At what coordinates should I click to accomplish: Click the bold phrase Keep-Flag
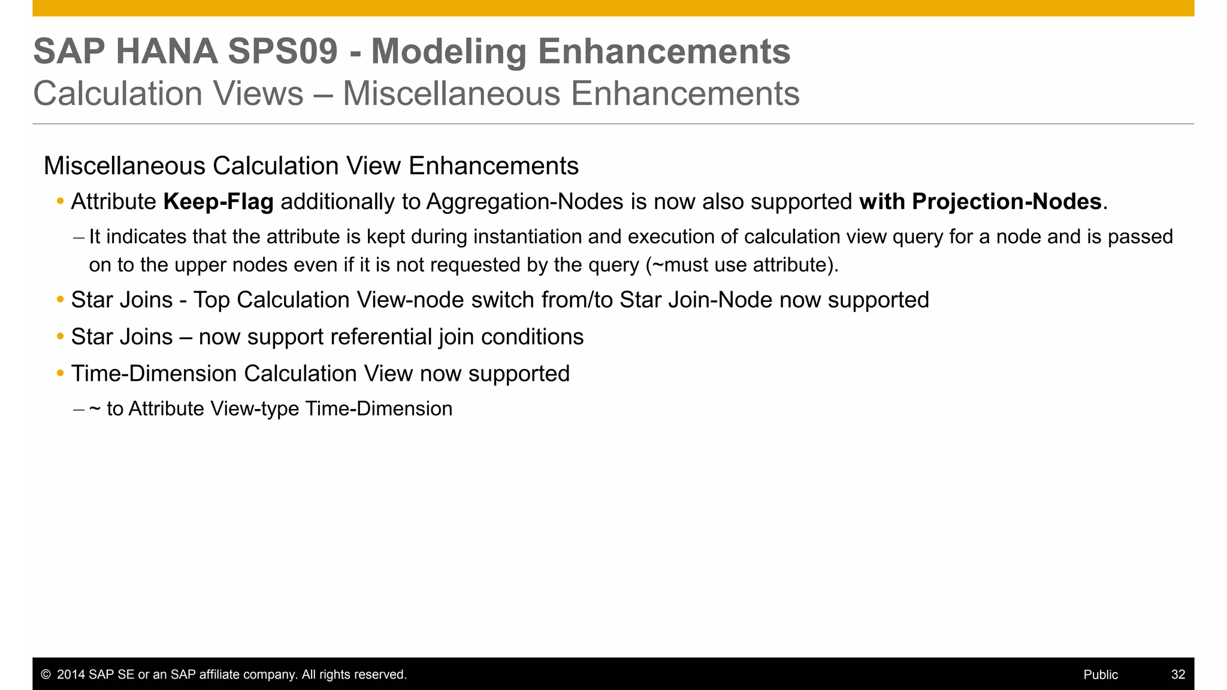[218, 202]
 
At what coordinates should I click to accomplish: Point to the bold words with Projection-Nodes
[980, 202]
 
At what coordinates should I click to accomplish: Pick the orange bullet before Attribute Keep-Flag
[60, 202]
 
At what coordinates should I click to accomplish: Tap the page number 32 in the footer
[1178, 675]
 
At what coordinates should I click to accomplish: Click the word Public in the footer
[1101, 675]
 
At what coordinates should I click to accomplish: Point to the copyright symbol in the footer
[46, 675]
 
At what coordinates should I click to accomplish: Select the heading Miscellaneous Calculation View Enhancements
[311, 166]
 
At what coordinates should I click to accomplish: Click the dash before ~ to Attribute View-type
[78, 410]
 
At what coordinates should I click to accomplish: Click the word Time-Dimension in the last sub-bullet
[379, 409]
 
